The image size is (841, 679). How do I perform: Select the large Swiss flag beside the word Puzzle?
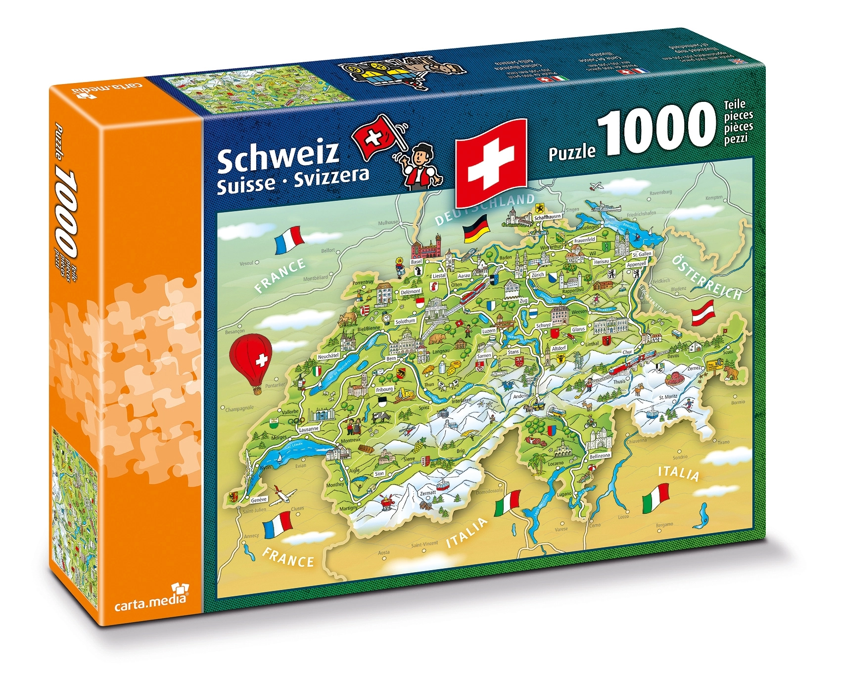491,162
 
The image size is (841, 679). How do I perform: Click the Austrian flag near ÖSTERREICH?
703,315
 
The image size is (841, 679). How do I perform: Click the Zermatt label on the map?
428,493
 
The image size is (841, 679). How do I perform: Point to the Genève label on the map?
259,499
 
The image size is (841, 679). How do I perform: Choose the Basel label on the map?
417,262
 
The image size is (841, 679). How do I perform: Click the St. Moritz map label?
668,397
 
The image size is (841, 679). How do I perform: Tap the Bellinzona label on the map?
600,456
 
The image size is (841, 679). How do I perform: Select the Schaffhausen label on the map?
547,217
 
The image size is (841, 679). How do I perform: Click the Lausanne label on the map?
309,429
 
